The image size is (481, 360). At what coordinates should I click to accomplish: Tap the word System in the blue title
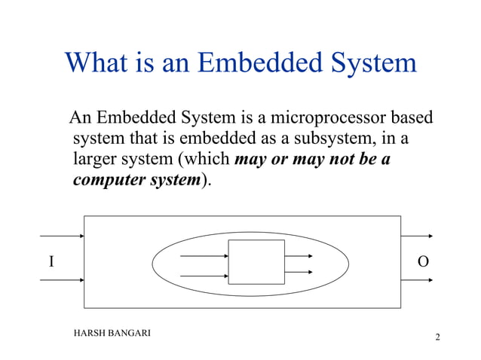coord(372,62)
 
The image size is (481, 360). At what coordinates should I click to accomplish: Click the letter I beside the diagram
coord(51,262)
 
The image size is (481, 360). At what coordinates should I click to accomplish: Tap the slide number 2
coord(437,337)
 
